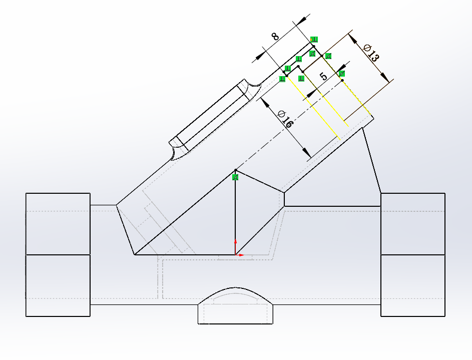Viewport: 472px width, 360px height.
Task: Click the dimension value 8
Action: (x=275, y=37)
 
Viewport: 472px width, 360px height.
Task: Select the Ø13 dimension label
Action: (x=371, y=53)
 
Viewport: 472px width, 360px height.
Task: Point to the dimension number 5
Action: (x=324, y=77)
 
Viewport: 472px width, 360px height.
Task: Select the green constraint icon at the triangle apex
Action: (x=236, y=177)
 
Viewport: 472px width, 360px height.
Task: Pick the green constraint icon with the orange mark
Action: (x=313, y=40)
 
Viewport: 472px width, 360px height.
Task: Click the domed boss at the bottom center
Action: (x=236, y=305)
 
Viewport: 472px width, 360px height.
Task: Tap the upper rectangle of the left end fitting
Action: (x=58, y=223)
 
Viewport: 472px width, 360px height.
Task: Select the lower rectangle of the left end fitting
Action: (x=58, y=285)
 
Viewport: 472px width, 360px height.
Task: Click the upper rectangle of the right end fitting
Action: (x=413, y=223)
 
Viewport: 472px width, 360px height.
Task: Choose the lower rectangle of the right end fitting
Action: (x=413, y=285)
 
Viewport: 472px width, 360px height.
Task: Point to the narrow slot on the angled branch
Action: (x=210, y=116)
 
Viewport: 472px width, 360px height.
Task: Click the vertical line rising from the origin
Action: (x=235, y=215)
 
